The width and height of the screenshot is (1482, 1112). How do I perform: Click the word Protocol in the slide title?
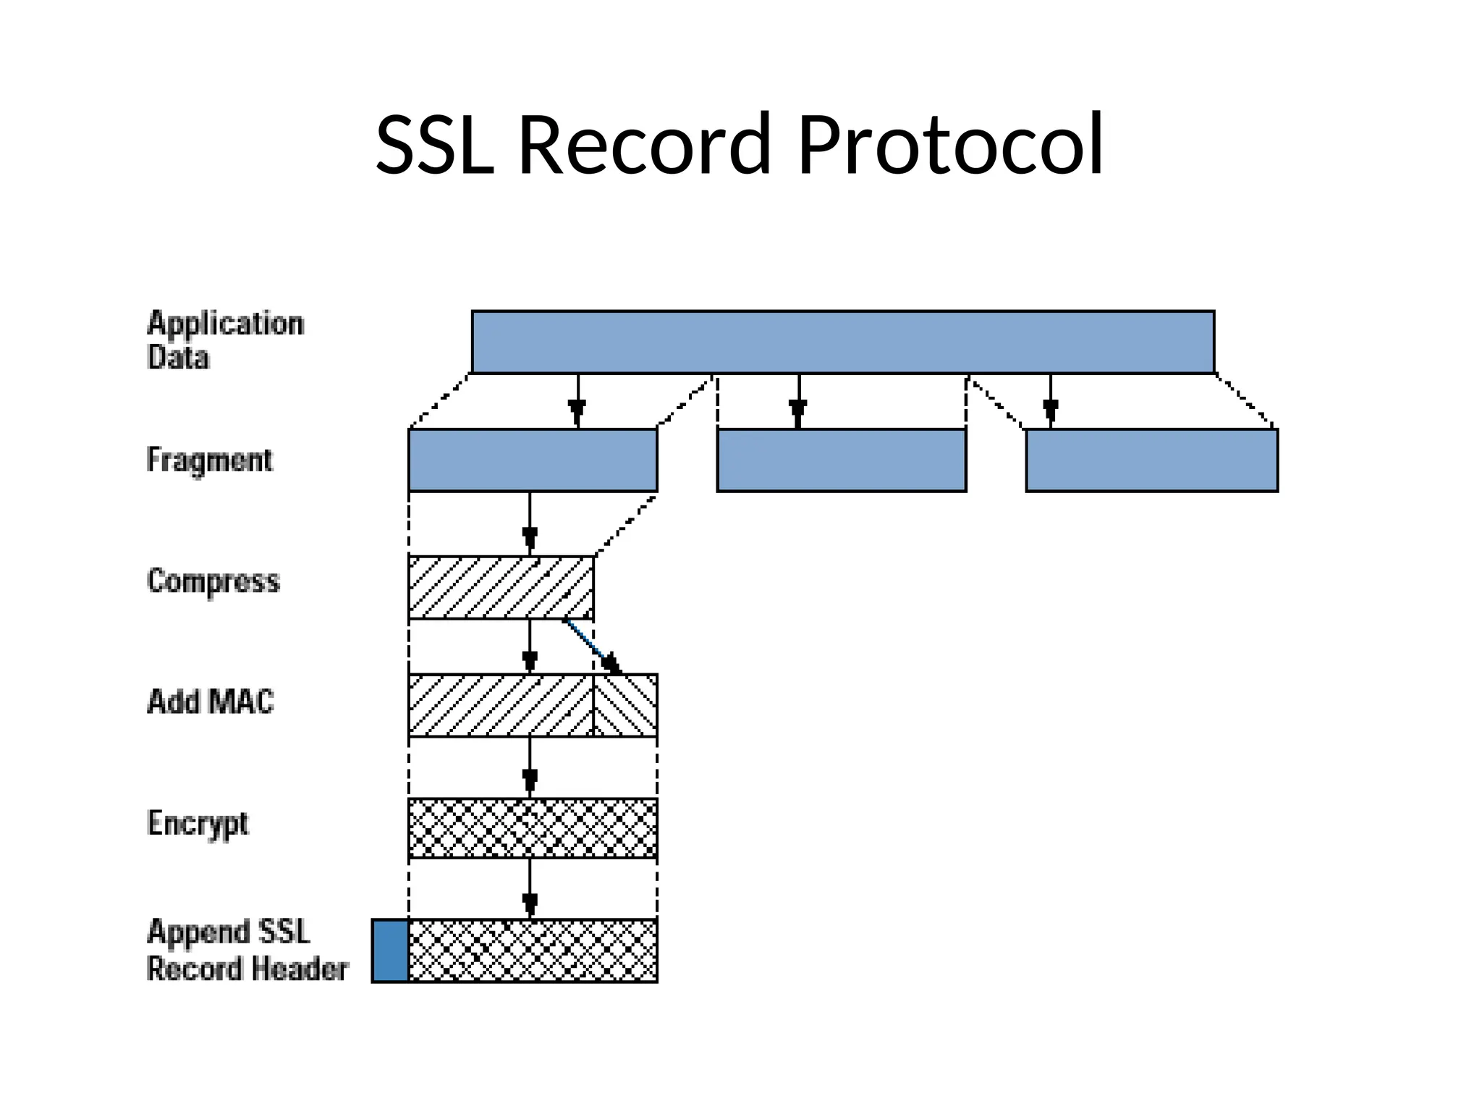click(949, 145)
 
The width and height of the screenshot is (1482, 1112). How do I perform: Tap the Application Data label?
click(224, 340)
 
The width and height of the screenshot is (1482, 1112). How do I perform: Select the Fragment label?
click(209, 460)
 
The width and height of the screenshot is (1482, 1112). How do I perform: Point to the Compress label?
click(213, 581)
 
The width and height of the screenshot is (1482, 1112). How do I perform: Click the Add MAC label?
click(210, 702)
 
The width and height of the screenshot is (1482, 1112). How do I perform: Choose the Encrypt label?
click(198, 823)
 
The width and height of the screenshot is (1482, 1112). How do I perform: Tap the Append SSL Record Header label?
click(246, 950)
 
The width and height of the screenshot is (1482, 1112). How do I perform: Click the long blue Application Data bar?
click(842, 342)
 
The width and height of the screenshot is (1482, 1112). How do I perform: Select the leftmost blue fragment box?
click(533, 460)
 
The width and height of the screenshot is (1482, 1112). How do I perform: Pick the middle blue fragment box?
click(841, 460)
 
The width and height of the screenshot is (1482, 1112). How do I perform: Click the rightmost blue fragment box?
click(1151, 460)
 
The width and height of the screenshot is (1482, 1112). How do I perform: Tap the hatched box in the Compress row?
click(501, 587)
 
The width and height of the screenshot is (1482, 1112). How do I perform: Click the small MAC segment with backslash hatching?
click(625, 705)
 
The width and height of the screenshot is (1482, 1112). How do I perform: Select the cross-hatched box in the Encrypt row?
click(533, 828)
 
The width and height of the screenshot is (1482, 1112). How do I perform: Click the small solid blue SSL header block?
click(390, 951)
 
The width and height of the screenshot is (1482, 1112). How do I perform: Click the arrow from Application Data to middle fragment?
click(798, 401)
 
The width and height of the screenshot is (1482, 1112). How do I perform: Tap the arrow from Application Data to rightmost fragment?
click(1051, 401)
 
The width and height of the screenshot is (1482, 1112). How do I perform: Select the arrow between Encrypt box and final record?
click(530, 888)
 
